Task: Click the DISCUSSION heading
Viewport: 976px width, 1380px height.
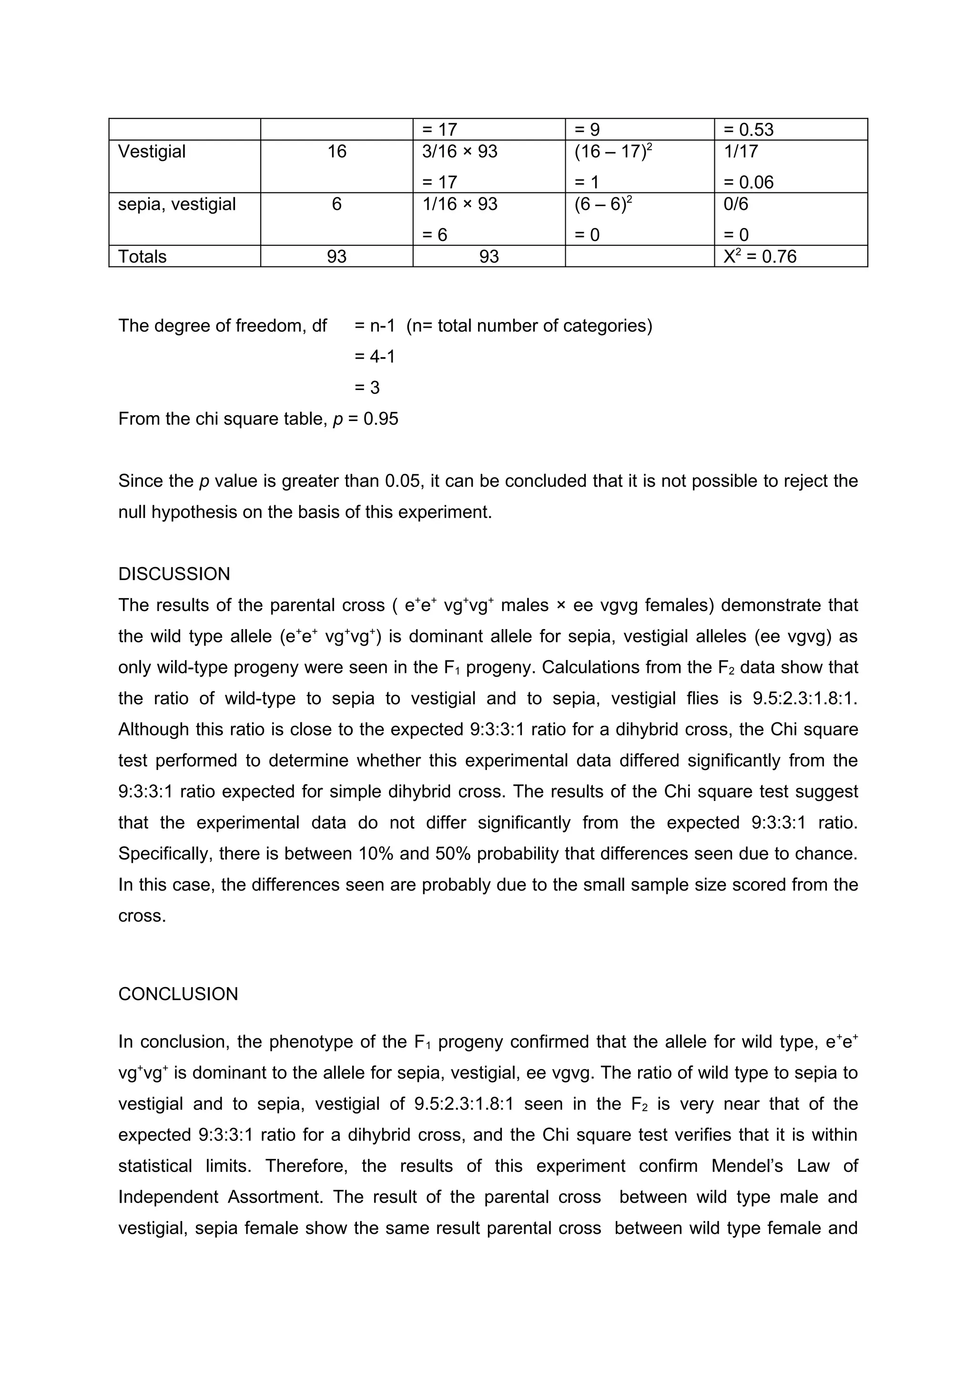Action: (x=174, y=574)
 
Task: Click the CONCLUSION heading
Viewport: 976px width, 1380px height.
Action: (x=178, y=993)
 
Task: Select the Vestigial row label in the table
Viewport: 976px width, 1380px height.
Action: (x=152, y=151)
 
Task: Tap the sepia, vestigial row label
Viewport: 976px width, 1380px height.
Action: (x=177, y=204)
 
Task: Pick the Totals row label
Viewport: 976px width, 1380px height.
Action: (x=142, y=257)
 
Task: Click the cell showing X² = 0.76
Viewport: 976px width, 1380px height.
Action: (x=760, y=257)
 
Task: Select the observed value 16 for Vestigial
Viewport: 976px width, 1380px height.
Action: (x=337, y=151)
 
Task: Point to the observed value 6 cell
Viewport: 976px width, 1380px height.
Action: (x=337, y=204)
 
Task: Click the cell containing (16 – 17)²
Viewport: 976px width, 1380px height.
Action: (x=613, y=151)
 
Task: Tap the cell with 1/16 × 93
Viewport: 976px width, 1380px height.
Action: (x=460, y=204)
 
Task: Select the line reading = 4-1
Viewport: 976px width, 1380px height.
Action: (x=375, y=357)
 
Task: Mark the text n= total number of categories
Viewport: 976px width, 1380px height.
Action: (x=529, y=326)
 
